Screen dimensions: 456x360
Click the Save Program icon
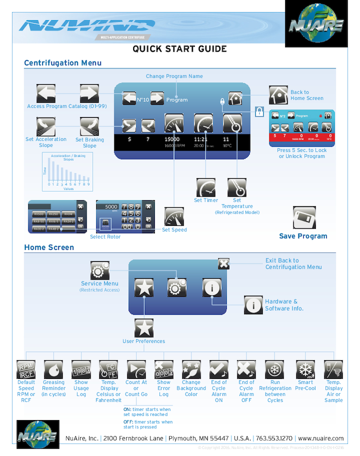point(304,217)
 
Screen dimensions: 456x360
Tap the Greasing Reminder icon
point(53,369)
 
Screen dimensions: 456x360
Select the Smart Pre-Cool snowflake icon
point(305,369)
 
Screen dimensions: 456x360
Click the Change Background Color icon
point(191,369)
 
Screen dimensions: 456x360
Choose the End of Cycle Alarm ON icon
point(219,369)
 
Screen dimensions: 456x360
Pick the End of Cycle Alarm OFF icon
point(246,369)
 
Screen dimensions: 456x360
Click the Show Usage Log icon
point(81,369)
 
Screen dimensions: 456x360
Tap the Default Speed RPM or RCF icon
point(26,369)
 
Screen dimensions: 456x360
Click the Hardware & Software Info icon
point(253,305)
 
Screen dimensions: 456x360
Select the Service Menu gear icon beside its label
point(100,271)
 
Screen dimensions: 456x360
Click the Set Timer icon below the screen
point(206,187)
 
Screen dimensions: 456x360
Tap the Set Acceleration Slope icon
point(46,126)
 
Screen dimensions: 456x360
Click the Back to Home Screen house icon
point(278,95)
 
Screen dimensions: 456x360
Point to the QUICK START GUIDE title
point(180,49)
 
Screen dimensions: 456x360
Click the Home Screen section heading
point(49,248)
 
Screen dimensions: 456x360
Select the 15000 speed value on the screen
point(172,139)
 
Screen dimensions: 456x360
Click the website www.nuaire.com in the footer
point(321,438)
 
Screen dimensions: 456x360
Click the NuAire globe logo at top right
point(316,24)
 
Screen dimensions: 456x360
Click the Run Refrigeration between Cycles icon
point(274,369)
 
